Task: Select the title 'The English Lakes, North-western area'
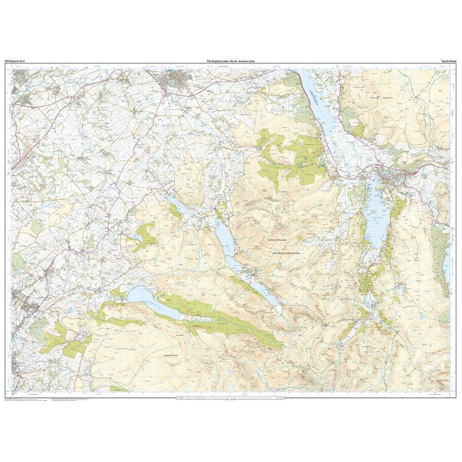click(231, 61)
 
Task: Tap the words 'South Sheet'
click(448, 61)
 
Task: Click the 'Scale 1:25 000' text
click(230, 400)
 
